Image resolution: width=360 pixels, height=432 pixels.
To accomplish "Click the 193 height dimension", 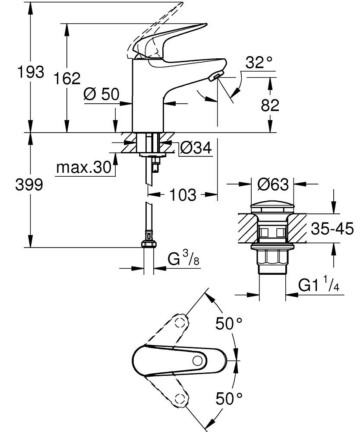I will (x=30, y=72).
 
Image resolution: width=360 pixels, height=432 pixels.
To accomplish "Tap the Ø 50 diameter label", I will (x=102, y=95).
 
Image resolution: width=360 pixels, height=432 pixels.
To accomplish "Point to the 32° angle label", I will (x=259, y=63).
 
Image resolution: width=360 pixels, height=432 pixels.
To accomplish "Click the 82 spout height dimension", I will (x=270, y=105).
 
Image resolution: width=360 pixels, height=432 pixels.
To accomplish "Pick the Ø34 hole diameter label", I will (x=196, y=148).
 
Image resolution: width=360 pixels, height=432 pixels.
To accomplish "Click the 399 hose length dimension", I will (x=29, y=185).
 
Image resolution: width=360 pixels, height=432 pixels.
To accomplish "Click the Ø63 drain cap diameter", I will (x=272, y=185).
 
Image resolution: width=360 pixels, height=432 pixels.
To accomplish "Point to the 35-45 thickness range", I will (x=332, y=229).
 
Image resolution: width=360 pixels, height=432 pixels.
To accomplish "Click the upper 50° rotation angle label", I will (x=229, y=324).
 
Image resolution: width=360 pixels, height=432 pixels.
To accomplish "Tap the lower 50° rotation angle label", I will (x=229, y=398).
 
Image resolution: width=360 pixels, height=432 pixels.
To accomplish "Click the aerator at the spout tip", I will (x=215, y=77).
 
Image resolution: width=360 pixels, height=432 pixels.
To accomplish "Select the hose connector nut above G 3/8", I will (x=148, y=245).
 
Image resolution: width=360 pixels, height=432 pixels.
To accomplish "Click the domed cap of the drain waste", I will (x=272, y=206).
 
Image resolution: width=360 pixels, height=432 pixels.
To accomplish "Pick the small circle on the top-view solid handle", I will (x=199, y=361).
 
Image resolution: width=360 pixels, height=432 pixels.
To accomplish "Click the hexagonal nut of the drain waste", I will (x=272, y=258).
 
